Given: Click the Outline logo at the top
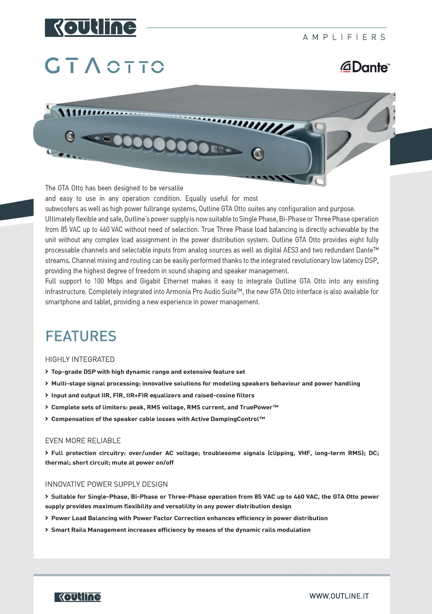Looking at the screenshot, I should coord(90,28).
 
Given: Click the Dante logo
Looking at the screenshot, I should coord(365,67).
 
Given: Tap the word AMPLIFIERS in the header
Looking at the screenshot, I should coord(344,37).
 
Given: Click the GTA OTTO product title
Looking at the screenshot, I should coord(104,66).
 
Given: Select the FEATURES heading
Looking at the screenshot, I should coord(81,336).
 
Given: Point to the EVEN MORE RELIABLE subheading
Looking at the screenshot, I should coord(83,441).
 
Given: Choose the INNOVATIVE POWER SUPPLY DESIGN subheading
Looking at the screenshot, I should coord(106,484).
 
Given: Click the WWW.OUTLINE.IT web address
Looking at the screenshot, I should coord(339,596).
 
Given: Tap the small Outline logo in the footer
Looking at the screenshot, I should coord(78,597).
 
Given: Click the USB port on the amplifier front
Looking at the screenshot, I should coord(106,139).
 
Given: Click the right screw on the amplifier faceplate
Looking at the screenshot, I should coord(258,154).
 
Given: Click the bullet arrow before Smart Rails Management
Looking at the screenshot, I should coord(47,530).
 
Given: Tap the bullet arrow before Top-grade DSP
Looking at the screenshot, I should coord(47,372).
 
